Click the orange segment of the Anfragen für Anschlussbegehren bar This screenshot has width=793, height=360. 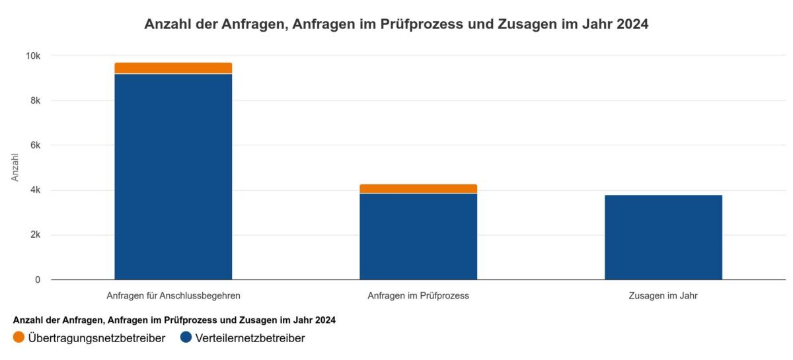pyautogui.click(x=173, y=68)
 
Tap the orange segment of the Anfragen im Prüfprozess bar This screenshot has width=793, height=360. pyautogui.click(x=418, y=189)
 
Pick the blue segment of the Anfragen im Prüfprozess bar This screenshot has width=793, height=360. pyautogui.click(x=418, y=236)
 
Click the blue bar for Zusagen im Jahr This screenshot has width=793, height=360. pyautogui.click(x=663, y=237)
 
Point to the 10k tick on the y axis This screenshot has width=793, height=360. pyautogui.click(x=32, y=56)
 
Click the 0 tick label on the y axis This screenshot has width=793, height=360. pyautogui.click(x=37, y=280)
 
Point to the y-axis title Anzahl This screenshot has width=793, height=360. pyautogui.click(x=15, y=168)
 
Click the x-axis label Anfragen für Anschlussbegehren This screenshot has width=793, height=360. pyautogui.click(x=173, y=296)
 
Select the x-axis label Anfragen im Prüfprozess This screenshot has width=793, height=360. pyautogui.click(x=418, y=296)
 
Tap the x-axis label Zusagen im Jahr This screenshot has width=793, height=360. pyautogui.click(x=663, y=296)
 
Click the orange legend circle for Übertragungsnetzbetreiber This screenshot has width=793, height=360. pyautogui.click(x=19, y=338)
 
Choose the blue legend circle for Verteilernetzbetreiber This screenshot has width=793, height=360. pyautogui.click(x=186, y=338)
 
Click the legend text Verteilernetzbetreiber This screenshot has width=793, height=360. pyautogui.click(x=249, y=338)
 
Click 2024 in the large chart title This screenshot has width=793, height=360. pyautogui.click(x=632, y=25)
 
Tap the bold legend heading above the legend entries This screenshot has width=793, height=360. pyautogui.click(x=174, y=320)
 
